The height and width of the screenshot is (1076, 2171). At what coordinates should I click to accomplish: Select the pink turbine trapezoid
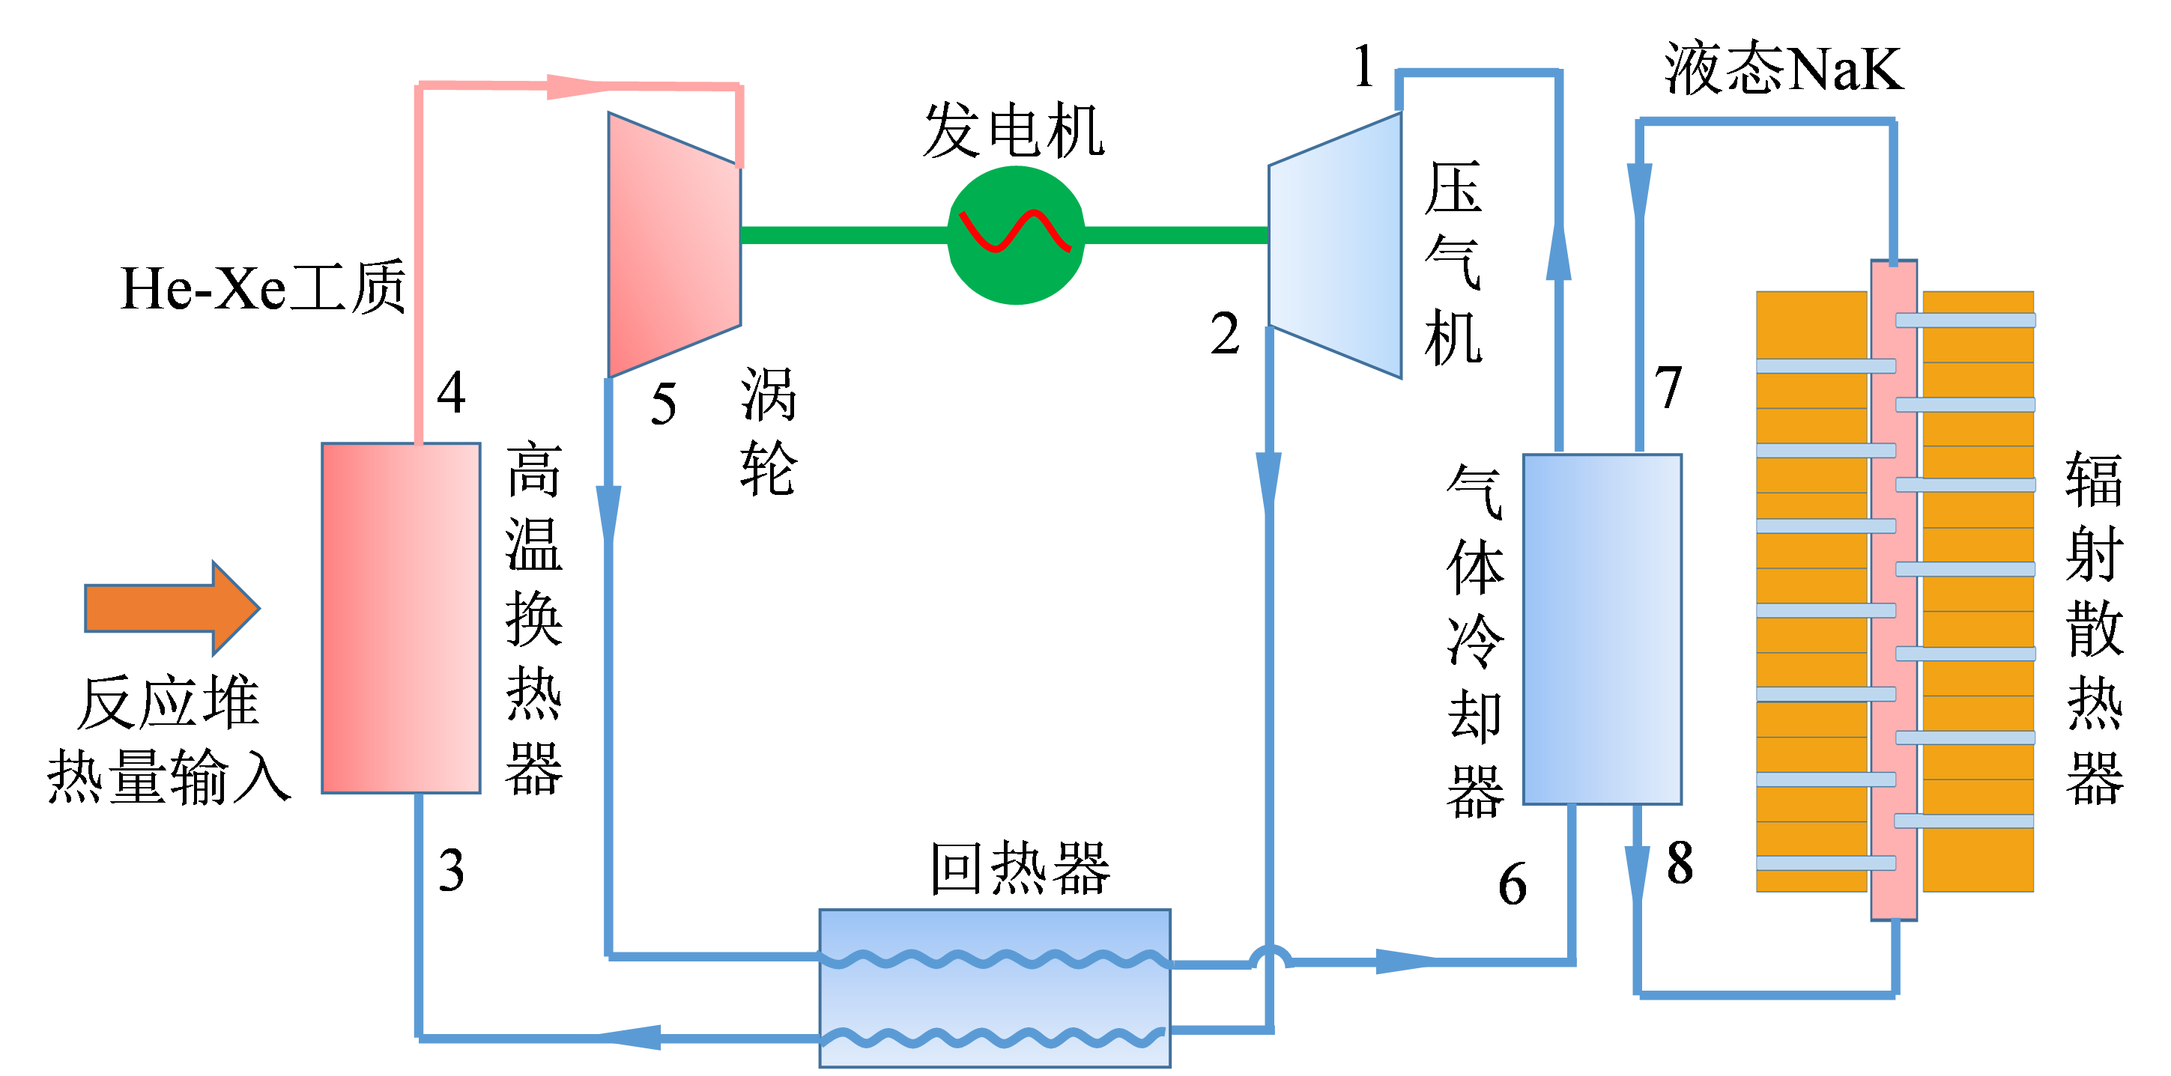[x=674, y=244]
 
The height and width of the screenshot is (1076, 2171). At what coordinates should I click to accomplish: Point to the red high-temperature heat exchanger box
[x=402, y=618]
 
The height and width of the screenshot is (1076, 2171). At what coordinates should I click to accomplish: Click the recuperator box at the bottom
[x=995, y=988]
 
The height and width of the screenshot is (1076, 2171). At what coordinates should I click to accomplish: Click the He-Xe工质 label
[x=263, y=288]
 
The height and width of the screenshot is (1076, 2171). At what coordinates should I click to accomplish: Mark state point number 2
[x=1226, y=334]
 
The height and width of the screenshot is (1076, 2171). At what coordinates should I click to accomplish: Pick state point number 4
[x=452, y=392]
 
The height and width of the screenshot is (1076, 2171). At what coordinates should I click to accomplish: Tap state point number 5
[x=663, y=404]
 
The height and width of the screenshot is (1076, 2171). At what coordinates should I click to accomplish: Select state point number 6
[x=1512, y=884]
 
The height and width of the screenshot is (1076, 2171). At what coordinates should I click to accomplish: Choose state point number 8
[x=1680, y=863]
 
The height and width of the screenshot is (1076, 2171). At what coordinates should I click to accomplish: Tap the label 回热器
[x=1020, y=868]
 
